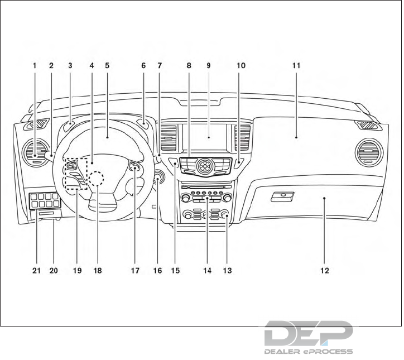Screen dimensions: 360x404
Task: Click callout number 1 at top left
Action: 35,65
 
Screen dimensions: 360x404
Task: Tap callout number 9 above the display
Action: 208,65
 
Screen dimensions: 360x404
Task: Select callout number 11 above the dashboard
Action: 296,65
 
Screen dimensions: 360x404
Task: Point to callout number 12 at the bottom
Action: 325,271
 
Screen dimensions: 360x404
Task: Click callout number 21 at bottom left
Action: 36,271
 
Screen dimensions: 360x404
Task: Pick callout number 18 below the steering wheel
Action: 98,271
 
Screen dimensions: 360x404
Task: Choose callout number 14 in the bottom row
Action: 208,271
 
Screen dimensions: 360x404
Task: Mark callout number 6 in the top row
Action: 143,65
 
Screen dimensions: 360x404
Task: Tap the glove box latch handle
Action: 283,196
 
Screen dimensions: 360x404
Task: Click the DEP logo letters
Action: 309,334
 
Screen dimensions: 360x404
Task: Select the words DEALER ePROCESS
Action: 309,352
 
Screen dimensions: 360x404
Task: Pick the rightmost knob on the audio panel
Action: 227,198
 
